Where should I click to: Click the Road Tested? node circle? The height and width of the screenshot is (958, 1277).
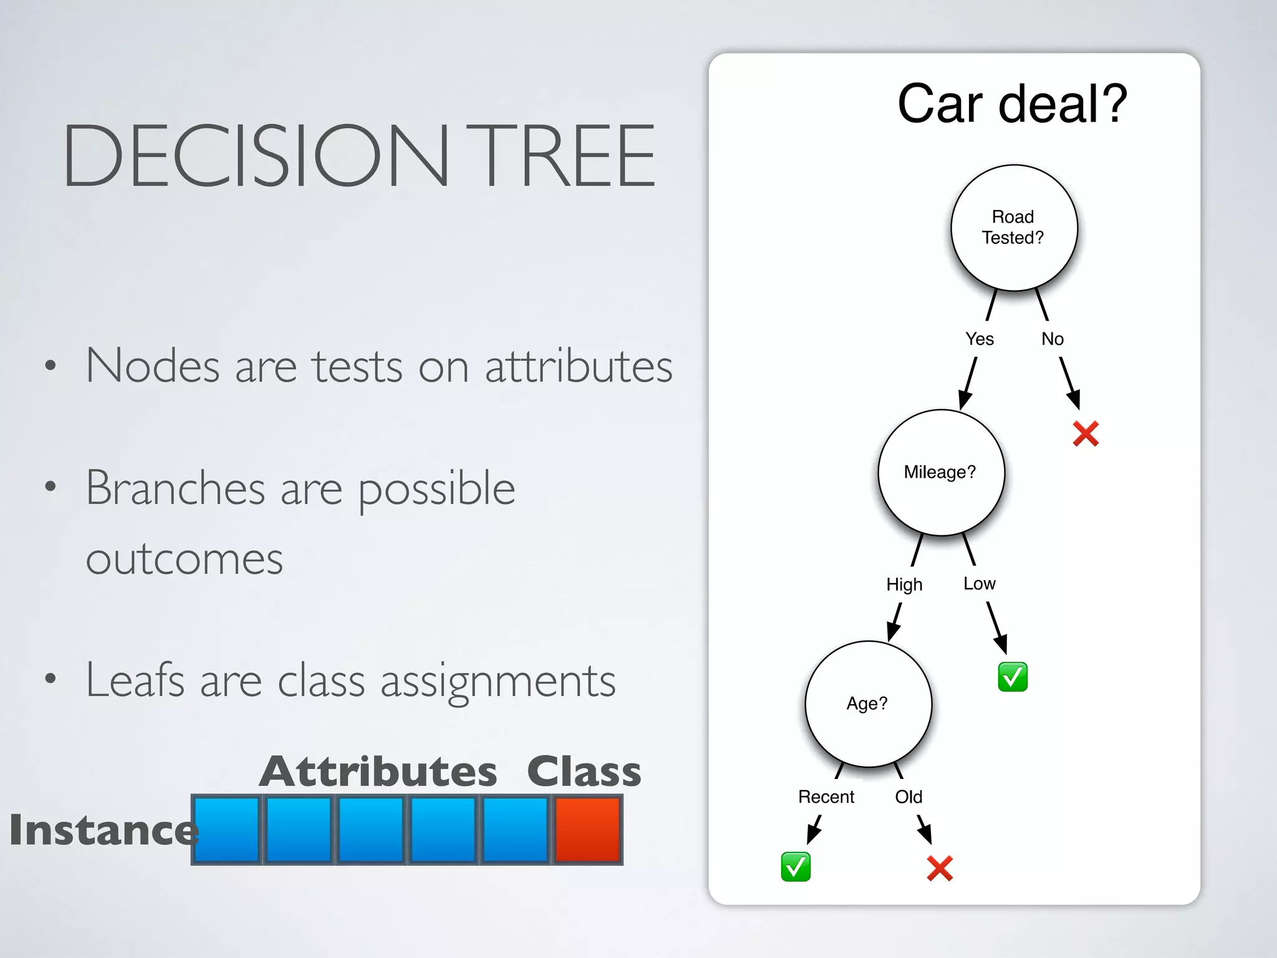tap(1014, 228)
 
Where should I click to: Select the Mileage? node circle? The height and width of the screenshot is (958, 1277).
tap(941, 472)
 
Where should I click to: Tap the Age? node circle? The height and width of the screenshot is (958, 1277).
tap(868, 704)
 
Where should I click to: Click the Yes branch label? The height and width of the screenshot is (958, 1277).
tap(979, 339)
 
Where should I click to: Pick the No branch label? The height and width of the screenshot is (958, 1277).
tap(1053, 339)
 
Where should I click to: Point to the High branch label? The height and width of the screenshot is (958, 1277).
tap(904, 584)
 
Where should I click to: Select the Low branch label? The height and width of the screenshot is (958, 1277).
tap(979, 583)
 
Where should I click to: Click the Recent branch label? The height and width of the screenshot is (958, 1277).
tap(826, 796)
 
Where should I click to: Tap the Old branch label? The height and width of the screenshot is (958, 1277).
tap(908, 796)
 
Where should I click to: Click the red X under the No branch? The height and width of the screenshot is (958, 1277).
tap(1086, 433)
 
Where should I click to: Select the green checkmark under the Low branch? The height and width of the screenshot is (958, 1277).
tap(1013, 677)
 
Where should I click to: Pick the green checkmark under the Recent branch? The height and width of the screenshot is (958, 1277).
tap(796, 866)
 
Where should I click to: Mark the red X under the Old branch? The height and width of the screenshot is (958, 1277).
tap(940, 868)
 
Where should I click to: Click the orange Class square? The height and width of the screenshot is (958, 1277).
tap(587, 830)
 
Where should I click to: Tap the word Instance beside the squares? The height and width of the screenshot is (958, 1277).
tap(103, 830)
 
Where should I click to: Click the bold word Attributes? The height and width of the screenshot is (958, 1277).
tap(378, 772)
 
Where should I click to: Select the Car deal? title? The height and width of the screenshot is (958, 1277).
tap(1012, 104)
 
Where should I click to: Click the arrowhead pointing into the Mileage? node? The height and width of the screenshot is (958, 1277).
tap(965, 400)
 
